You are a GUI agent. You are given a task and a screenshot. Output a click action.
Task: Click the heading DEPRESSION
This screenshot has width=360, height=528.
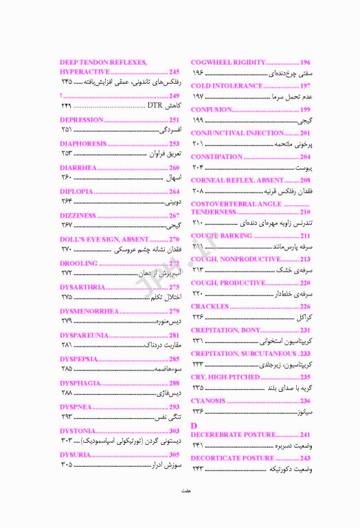tap(82, 120)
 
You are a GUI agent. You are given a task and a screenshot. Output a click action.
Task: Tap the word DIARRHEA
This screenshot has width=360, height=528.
tap(78, 168)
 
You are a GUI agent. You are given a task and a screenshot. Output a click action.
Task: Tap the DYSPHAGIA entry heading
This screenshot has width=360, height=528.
tap(81, 383)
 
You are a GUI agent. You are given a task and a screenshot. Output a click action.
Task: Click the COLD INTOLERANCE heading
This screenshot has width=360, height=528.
tap(226, 86)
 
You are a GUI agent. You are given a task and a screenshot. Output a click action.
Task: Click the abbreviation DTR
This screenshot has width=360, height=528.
tap(155, 106)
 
